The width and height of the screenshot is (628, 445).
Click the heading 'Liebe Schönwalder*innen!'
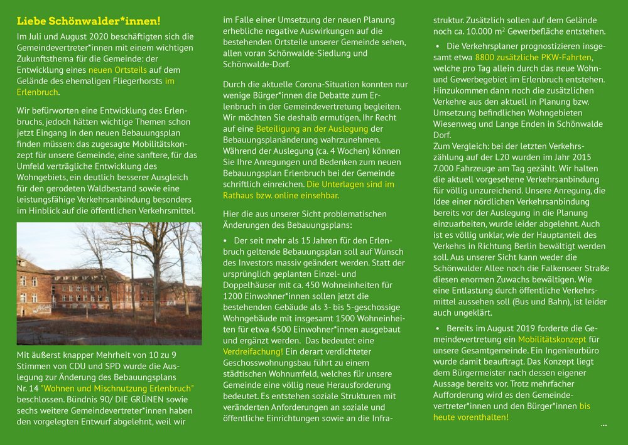(89, 22)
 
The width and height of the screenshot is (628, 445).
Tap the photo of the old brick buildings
(109, 284)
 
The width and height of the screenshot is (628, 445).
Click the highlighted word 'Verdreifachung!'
(253, 351)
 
